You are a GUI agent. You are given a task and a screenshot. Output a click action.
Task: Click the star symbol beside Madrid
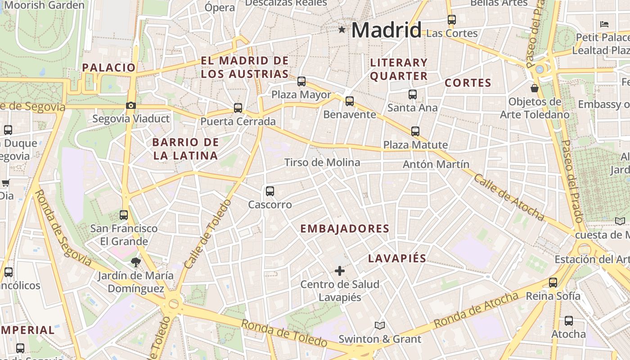(x=342, y=30)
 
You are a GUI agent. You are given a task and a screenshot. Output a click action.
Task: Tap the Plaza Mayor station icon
(x=301, y=81)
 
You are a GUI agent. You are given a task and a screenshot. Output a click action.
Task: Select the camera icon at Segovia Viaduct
(x=131, y=105)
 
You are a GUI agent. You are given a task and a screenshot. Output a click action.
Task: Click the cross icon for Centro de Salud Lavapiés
(x=340, y=271)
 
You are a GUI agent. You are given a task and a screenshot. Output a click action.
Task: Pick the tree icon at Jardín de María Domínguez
(x=135, y=262)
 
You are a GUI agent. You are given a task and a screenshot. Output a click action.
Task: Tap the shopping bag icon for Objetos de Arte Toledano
(x=535, y=88)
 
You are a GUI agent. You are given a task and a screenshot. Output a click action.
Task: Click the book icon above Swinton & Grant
(x=380, y=325)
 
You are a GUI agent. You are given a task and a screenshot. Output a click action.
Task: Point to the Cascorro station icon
(x=270, y=191)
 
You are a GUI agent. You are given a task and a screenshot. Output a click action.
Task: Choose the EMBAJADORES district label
(x=345, y=229)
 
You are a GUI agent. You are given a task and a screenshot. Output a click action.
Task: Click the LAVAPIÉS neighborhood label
(x=397, y=258)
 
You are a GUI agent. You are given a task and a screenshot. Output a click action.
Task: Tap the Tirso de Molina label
(x=322, y=162)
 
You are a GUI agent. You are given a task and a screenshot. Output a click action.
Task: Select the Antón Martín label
(x=436, y=164)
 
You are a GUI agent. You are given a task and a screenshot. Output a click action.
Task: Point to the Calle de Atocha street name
(x=509, y=197)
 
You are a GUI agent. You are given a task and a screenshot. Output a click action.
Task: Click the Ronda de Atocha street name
(x=476, y=310)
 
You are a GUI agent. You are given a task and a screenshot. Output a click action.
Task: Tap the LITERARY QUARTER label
(x=399, y=69)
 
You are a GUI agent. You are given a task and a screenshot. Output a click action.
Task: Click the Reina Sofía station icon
(x=553, y=283)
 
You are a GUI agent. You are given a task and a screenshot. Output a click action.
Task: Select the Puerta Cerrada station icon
(x=238, y=108)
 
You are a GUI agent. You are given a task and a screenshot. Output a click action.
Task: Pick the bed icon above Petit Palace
(x=604, y=24)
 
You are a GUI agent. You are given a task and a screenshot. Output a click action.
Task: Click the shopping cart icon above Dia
(x=6, y=183)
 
